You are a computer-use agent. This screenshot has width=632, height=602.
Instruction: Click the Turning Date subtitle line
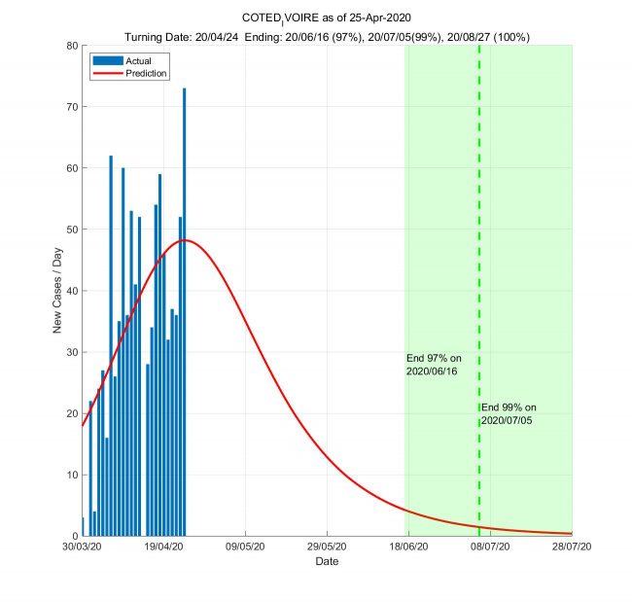[x=326, y=36]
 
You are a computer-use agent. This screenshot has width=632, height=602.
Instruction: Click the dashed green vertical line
[x=479, y=292]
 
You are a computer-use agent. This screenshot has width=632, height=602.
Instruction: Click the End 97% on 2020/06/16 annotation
[x=432, y=365]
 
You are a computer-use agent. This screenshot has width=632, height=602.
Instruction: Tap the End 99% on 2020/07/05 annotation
[x=509, y=413]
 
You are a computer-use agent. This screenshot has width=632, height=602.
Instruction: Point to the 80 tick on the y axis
[x=71, y=46]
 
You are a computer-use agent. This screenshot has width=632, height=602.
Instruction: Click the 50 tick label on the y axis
[x=71, y=230]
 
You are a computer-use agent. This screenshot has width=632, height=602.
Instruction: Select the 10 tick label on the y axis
[x=71, y=475]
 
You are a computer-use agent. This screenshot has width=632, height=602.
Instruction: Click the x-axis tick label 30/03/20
[x=82, y=548]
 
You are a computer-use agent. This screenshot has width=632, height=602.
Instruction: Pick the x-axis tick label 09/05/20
[x=245, y=548]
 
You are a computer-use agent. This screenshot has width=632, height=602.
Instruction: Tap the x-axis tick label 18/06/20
[x=408, y=548]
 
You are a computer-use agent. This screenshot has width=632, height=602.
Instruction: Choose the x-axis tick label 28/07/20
[x=571, y=548]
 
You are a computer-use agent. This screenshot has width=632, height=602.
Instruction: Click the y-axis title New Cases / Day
[x=57, y=291]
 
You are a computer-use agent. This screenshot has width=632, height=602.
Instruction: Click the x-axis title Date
[x=327, y=561]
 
